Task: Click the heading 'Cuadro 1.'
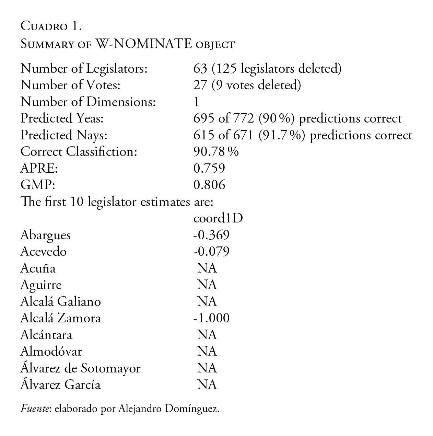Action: tap(51, 26)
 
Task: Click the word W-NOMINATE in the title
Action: tap(143, 44)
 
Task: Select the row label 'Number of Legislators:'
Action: tap(84, 69)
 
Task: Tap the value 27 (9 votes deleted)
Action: tap(247, 85)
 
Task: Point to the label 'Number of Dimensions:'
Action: tap(88, 102)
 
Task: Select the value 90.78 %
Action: tap(216, 152)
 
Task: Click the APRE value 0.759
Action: tap(209, 168)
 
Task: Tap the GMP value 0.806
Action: tap(209, 185)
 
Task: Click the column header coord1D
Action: tap(218, 218)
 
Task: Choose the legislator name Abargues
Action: tap(46, 235)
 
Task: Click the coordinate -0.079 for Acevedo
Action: tap(211, 252)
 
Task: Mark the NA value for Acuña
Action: tap(207, 268)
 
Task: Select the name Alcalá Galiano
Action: tap(61, 301)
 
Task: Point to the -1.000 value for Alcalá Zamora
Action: tap(211, 318)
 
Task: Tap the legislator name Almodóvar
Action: tap(51, 352)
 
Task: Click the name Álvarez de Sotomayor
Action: tap(81, 368)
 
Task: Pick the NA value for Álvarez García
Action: tap(207, 385)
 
